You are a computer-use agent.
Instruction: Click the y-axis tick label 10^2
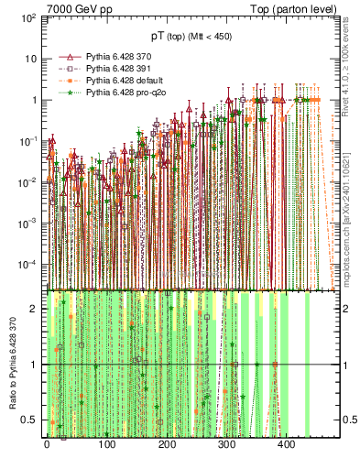click(x=28, y=18)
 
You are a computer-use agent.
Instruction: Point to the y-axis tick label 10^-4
click(x=27, y=264)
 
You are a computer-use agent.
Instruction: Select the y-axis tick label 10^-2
click(x=27, y=182)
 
